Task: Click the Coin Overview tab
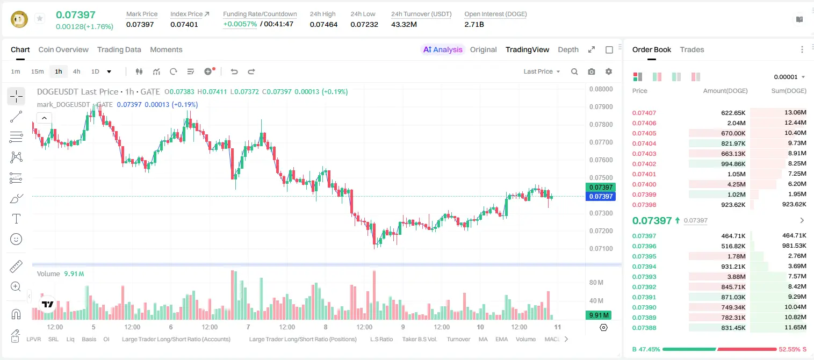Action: point(63,49)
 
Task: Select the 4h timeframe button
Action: point(76,71)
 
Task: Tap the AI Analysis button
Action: point(443,49)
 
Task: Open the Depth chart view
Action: point(568,49)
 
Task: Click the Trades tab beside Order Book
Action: point(692,49)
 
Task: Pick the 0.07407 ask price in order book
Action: point(644,113)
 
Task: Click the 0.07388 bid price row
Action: point(644,328)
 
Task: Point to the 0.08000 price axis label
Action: point(601,89)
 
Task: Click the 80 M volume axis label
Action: point(596,282)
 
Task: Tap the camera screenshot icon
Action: point(592,71)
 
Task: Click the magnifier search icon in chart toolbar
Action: point(574,71)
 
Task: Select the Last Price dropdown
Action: point(542,71)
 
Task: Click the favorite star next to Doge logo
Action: point(40,18)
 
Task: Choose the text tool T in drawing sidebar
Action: point(16,219)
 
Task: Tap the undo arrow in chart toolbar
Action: point(234,71)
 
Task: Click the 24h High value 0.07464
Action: point(323,24)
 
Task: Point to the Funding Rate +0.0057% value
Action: point(240,24)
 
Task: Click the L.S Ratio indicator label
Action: point(381,339)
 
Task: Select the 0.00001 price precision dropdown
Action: point(789,77)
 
